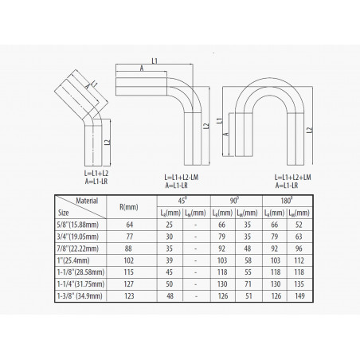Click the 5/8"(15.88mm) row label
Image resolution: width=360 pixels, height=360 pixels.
point(78,225)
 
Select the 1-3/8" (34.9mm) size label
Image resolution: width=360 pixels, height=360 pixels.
point(80,295)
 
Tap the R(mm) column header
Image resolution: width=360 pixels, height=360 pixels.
point(129,207)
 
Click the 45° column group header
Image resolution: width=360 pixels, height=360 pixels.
point(182,201)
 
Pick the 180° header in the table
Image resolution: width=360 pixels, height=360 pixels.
point(287,201)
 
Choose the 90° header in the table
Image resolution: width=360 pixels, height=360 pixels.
point(234,201)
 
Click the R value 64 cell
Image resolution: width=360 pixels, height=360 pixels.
point(130,225)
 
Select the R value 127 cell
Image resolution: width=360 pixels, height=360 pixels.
point(129,284)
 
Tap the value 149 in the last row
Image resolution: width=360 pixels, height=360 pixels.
point(299,295)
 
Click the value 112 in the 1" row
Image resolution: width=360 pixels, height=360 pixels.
point(299,260)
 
